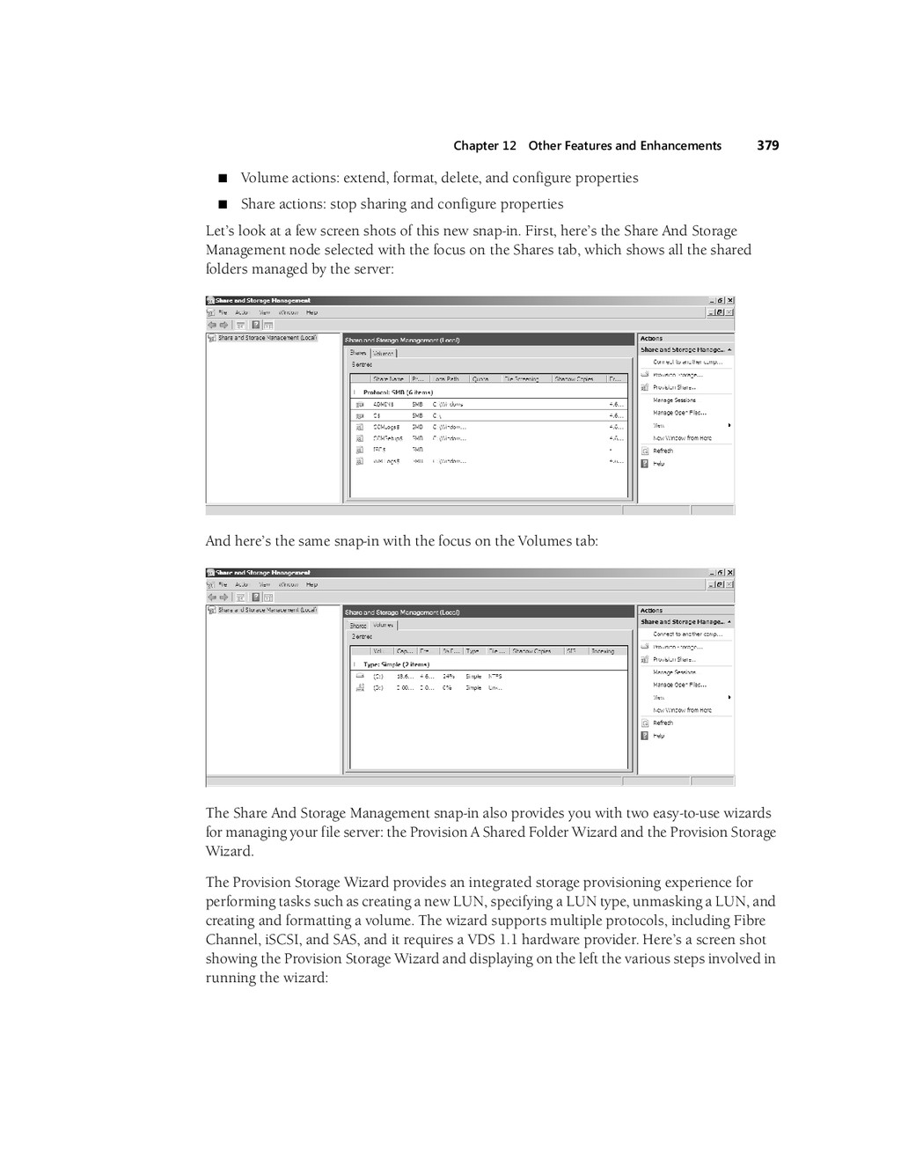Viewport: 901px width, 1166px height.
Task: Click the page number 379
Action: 767,145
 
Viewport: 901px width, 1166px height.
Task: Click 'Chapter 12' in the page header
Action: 485,146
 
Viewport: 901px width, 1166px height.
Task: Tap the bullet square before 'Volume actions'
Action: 223,179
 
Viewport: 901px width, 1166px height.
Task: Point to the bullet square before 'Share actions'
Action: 223,205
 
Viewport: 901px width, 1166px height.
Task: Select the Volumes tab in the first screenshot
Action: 384,353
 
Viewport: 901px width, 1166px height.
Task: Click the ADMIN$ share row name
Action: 384,405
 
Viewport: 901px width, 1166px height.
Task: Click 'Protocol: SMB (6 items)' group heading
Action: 398,392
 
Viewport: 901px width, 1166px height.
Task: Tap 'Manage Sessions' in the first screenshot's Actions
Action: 674,400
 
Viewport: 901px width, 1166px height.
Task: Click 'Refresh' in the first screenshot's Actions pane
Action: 663,451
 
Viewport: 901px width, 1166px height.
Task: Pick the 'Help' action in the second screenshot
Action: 659,736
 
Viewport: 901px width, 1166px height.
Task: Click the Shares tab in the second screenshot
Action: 358,626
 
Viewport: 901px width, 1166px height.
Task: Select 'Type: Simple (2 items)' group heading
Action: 396,664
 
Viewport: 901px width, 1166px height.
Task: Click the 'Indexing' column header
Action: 603,651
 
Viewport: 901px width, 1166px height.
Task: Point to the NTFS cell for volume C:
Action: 495,677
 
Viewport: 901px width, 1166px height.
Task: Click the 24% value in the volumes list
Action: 448,677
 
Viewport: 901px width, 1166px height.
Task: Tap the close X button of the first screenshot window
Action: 729,301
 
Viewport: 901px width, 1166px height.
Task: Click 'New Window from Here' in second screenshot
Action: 682,710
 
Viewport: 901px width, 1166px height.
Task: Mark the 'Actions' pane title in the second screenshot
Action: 652,611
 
